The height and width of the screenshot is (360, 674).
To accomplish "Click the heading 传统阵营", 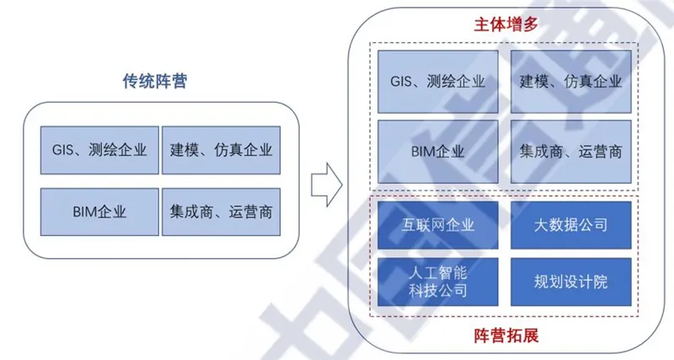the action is (x=155, y=81).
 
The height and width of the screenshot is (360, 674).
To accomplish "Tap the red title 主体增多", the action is (x=506, y=24).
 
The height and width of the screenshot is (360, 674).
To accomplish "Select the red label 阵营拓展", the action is (x=506, y=336).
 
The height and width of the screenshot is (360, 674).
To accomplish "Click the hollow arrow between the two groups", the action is (x=327, y=185).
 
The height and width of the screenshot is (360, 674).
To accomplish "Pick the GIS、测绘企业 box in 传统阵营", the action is (x=99, y=150).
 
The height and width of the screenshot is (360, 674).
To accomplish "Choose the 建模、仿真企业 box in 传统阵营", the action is (x=221, y=150).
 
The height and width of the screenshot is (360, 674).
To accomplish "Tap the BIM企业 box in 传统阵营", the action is (x=99, y=212).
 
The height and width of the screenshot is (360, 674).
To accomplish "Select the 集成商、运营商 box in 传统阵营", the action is (x=221, y=212).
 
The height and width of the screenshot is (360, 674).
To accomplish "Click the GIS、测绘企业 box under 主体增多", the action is (x=438, y=82).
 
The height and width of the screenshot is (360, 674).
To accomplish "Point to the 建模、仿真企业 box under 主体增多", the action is (x=571, y=82).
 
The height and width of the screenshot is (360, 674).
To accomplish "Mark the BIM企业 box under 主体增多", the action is (x=438, y=152).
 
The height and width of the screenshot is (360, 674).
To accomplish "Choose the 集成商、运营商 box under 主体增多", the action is (x=571, y=152).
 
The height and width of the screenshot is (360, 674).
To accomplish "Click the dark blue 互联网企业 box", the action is (x=438, y=225).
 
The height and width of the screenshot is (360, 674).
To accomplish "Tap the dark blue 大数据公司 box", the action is (x=571, y=225).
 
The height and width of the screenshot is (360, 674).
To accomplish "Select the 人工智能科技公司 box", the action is (x=438, y=282).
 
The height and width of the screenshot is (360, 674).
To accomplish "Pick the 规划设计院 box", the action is (x=571, y=282).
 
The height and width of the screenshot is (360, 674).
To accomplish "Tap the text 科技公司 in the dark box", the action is (x=438, y=291).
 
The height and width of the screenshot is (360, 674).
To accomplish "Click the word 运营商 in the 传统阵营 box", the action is (x=250, y=212).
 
